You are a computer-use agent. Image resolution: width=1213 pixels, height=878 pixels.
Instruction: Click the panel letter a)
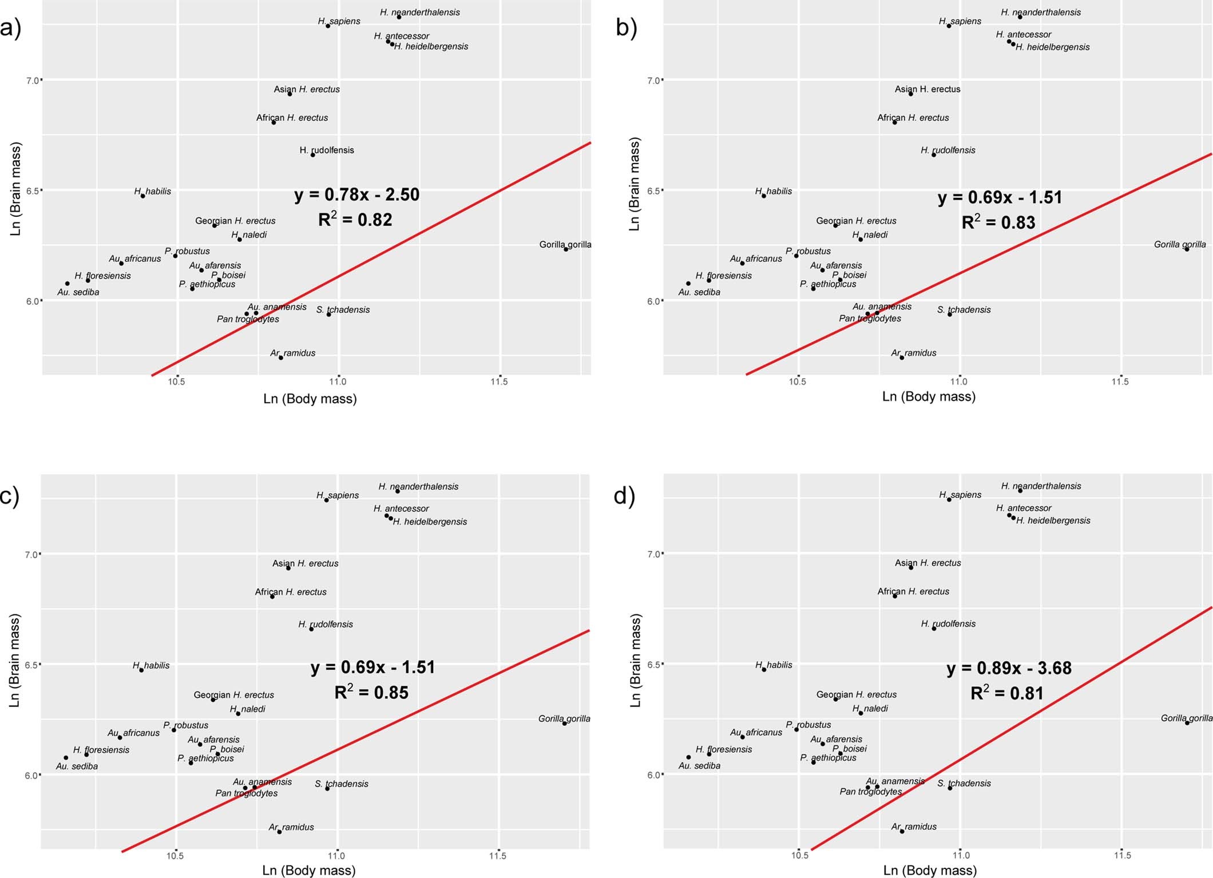click(10, 27)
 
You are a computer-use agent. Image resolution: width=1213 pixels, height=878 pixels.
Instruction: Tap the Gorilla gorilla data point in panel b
click(1187, 249)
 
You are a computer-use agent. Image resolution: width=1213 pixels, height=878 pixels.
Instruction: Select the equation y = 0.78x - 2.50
click(357, 194)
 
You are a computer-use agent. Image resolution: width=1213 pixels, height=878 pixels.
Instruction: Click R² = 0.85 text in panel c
click(371, 693)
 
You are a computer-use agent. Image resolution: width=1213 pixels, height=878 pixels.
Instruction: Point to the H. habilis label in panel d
click(774, 665)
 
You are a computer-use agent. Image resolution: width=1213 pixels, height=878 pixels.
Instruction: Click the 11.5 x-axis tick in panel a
click(499, 382)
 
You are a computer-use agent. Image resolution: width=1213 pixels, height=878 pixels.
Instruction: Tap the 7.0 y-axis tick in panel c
click(32, 554)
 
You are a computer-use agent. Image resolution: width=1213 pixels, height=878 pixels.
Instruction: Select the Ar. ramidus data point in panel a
click(281, 357)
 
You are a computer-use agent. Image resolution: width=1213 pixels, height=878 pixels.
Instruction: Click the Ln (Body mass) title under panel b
click(929, 396)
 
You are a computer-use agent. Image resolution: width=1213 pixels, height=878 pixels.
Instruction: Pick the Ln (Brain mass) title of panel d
click(635, 661)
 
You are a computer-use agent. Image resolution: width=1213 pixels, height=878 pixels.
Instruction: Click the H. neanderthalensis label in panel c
click(418, 486)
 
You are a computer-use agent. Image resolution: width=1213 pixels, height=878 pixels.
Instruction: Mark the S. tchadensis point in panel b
click(950, 314)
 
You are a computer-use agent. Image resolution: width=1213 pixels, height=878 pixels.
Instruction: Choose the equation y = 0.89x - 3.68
click(1009, 668)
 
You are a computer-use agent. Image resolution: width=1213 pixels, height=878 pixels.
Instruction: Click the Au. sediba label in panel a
click(78, 292)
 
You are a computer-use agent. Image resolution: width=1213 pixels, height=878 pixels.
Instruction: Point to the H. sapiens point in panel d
click(949, 499)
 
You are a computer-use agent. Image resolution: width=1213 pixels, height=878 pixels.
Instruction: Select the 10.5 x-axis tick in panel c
click(175, 856)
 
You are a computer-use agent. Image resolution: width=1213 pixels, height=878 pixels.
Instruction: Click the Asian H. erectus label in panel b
click(927, 89)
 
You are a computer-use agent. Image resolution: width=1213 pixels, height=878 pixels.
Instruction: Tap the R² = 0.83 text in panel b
click(998, 223)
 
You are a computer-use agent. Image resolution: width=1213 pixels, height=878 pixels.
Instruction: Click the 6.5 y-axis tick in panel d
click(653, 665)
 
